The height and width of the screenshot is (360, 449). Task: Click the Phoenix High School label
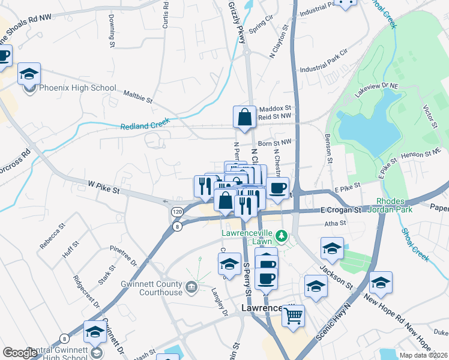tap(77, 88)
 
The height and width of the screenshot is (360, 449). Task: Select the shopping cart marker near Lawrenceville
tap(293, 316)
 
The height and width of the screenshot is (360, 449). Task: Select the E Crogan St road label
tap(340, 211)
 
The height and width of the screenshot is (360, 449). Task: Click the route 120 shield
tap(177, 212)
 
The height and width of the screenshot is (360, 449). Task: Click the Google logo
tap(19, 353)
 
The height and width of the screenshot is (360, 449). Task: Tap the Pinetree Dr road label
tap(124, 256)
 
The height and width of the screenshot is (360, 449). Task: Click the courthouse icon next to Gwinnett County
tap(191, 287)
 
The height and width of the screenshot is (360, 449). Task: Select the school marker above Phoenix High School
tap(29, 74)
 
